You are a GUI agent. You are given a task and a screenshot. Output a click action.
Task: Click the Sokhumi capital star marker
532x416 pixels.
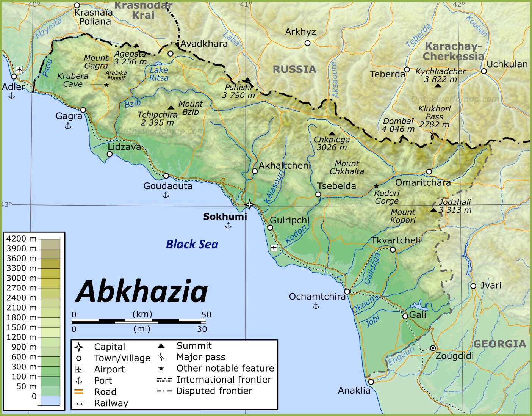click(x=249, y=205)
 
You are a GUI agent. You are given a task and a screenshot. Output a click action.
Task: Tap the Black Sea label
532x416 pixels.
click(x=192, y=245)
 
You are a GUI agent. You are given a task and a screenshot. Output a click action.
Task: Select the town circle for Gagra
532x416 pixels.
click(x=83, y=110)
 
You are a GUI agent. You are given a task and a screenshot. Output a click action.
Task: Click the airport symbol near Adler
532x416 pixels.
click(x=19, y=69)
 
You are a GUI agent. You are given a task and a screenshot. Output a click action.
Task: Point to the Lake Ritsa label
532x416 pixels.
click(x=159, y=74)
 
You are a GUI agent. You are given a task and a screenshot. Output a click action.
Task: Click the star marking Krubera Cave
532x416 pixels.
click(x=106, y=85)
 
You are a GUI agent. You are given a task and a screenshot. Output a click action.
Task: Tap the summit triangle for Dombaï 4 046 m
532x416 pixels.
click(x=402, y=137)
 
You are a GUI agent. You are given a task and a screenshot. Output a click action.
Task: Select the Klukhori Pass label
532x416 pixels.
click(x=434, y=113)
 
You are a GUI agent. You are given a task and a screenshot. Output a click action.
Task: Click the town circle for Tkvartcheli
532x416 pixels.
click(x=393, y=250)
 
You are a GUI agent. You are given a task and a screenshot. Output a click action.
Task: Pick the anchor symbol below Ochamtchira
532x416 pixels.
click(x=316, y=306)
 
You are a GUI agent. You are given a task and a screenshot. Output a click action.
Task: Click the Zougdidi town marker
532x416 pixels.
click(x=433, y=348)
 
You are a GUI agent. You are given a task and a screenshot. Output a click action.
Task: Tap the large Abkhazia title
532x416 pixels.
click(x=142, y=291)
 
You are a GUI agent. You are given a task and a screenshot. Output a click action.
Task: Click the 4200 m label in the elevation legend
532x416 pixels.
click(x=21, y=239)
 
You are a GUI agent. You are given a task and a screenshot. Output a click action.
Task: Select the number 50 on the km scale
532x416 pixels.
click(x=206, y=314)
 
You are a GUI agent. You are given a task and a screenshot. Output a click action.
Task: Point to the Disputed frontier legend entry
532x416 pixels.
click(x=214, y=391)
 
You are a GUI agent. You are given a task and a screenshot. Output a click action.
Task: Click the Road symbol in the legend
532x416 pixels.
click(x=79, y=392)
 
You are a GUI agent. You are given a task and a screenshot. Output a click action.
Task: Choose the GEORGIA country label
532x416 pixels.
click(x=499, y=344)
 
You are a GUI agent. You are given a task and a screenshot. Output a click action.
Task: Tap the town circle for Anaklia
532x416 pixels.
click(x=371, y=382)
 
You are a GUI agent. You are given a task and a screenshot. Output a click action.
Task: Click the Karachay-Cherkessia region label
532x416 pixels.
click(x=453, y=51)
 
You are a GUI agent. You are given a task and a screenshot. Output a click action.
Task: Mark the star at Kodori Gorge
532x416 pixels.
click(x=376, y=186)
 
